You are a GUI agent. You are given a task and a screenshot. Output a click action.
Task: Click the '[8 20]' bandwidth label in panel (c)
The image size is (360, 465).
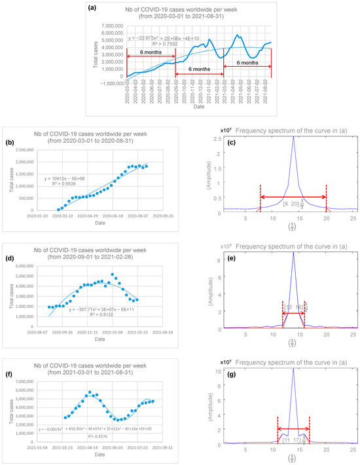(293, 204)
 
